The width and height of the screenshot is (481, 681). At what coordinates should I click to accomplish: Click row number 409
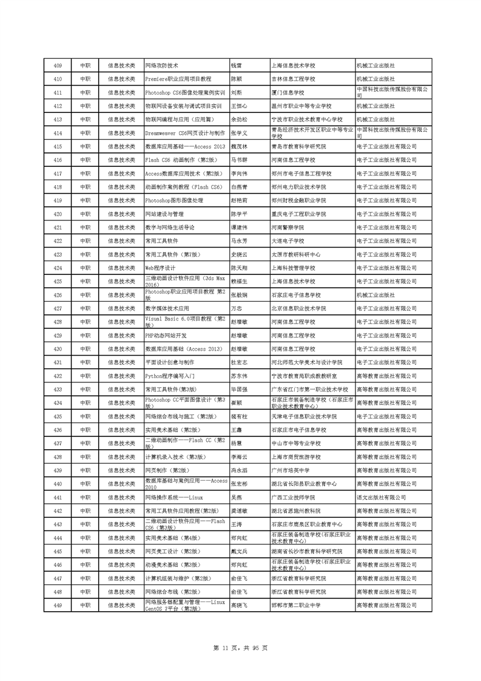(x=58, y=66)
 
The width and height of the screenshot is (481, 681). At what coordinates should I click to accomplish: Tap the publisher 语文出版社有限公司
(x=382, y=497)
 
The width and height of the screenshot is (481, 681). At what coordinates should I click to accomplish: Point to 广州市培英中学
(x=290, y=470)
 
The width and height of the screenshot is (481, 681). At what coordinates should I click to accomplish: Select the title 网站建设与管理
(x=164, y=214)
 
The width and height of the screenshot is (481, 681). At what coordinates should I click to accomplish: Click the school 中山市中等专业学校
(x=297, y=443)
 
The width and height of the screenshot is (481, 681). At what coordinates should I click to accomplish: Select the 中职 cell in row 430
(x=85, y=348)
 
